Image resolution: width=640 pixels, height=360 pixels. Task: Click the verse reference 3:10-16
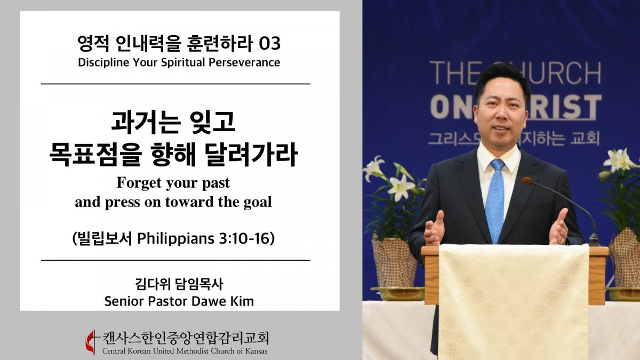click(244, 238)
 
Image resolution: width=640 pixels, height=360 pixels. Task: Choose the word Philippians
click(175, 239)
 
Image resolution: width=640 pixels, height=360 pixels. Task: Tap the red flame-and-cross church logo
click(91, 342)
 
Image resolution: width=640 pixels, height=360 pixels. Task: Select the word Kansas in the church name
click(256, 351)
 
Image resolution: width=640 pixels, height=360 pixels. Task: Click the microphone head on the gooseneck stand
click(527, 181)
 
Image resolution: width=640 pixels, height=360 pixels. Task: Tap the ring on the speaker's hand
click(561, 241)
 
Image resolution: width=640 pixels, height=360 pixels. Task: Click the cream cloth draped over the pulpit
click(514, 301)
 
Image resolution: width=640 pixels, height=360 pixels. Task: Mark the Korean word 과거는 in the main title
click(146, 122)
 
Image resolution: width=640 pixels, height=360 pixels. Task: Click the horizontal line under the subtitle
click(175, 84)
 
